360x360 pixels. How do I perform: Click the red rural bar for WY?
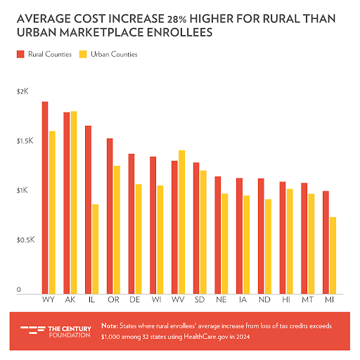pyautogui.click(x=45, y=198)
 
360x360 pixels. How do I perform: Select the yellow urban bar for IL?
pyautogui.click(x=95, y=249)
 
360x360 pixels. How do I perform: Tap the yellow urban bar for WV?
pyautogui.click(x=181, y=221)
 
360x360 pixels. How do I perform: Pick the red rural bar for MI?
pyautogui.click(x=325, y=242)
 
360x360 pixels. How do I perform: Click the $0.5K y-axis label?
pyautogui.click(x=25, y=240)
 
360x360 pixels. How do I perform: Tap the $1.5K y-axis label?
pyautogui.click(x=25, y=141)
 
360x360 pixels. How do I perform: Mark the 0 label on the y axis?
pyautogui.click(x=19, y=290)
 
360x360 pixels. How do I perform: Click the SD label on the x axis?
pyautogui.click(x=199, y=300)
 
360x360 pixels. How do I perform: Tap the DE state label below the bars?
pyautogui.click(x=135, y=300)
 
